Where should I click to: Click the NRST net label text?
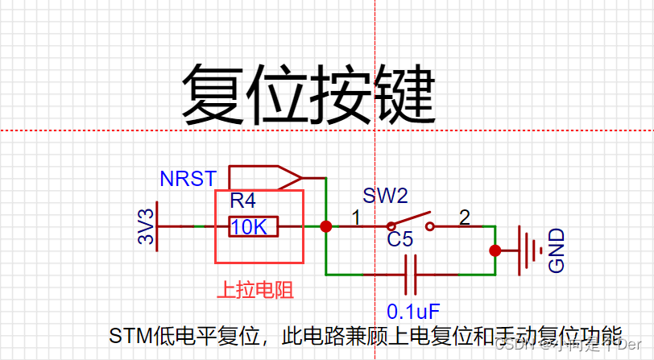[188, 179]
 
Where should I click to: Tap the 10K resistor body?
[253, 227]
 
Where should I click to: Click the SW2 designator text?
[385, 196]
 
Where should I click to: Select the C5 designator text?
[399, 239]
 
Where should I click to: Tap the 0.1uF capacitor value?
[413, 311]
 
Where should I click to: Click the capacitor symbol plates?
[410, 275]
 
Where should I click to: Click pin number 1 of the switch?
[355, 217]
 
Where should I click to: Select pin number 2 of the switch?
[464, 217]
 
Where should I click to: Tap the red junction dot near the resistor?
[326, 227]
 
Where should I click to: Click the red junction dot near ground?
[495, 250]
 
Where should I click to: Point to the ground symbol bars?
[527, 250]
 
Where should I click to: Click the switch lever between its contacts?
[410, 220]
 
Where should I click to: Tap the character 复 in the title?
[213, 94]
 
